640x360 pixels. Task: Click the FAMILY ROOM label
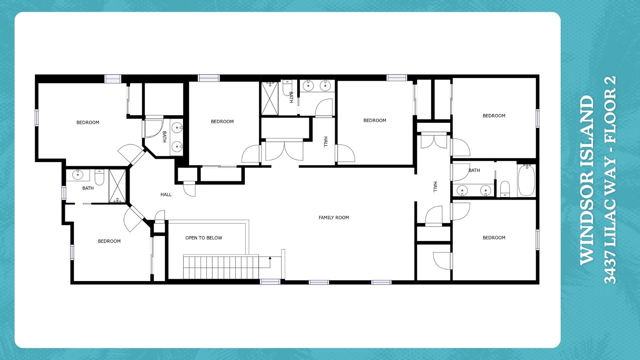point(334,218)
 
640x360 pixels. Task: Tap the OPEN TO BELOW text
point(204,238)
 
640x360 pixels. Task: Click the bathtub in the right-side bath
point(527,180)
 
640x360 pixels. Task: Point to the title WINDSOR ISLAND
point(587,180)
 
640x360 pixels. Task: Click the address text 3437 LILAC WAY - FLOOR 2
point(610,180)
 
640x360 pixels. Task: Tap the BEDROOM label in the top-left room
point(88,123)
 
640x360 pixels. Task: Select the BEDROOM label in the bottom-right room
point(494,238)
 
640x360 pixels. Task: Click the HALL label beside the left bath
point(166,195)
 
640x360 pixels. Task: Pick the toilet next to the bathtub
point(505,189)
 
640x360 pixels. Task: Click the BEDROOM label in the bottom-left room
point(109,241)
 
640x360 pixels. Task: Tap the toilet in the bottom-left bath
point(99,177)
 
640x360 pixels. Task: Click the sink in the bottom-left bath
point(78,175)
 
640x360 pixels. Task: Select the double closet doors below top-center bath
point(284,151)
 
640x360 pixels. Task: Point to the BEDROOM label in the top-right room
point(494,116)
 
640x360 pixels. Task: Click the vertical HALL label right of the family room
point(435,187)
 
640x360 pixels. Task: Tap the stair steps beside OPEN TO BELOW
point(221,267)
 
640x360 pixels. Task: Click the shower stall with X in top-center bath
point(269,99)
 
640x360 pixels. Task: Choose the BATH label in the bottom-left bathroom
point(88,188)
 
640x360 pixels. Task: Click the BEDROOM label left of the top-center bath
point(222,122)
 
